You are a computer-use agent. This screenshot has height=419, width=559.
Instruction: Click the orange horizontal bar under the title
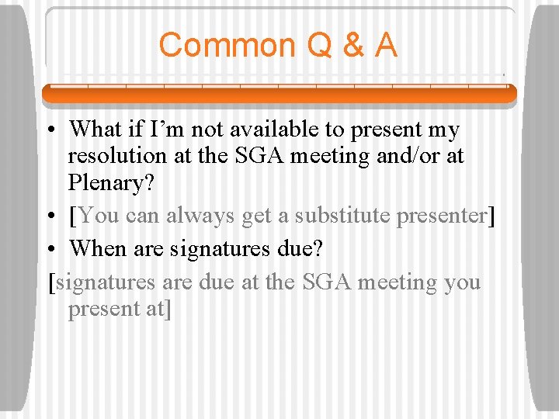[x=279, y=95]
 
